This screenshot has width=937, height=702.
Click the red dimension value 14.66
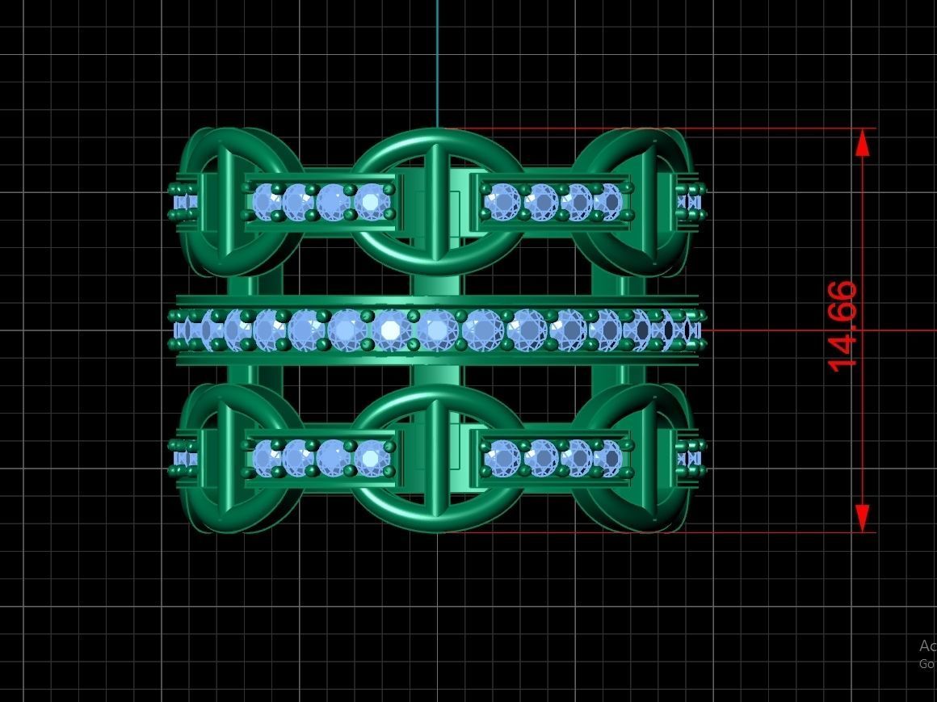[842, 326]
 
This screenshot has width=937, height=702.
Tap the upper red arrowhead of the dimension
[863, 143]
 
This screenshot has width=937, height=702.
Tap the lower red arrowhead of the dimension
[863, 517]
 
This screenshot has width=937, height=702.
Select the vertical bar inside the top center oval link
[435, 202]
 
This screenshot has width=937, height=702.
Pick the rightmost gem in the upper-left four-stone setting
[371, 201]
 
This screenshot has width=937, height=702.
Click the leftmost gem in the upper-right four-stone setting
[502, 200]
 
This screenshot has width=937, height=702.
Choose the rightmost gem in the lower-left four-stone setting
[371, 458]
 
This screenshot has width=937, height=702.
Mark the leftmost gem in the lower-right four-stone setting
[502, 458]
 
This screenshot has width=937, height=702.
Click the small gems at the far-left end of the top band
[183, 202]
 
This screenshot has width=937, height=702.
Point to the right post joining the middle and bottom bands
[607, 376]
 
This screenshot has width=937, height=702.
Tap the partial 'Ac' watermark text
[926, 645]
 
